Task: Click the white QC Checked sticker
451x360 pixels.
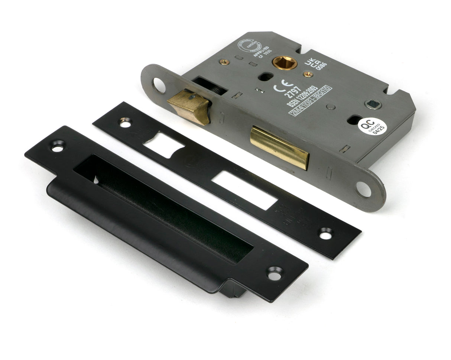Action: (372, 127)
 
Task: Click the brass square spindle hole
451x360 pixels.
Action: (285, 62)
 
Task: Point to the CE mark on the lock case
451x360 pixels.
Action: (279, 88)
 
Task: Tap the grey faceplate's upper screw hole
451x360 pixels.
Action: (159, 85)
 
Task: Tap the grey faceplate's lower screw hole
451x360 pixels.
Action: (363, 189)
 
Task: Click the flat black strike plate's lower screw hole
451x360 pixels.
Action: (326, 234)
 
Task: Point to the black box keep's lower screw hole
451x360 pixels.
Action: (274, 274)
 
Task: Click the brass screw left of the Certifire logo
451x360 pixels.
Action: (224, 62)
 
